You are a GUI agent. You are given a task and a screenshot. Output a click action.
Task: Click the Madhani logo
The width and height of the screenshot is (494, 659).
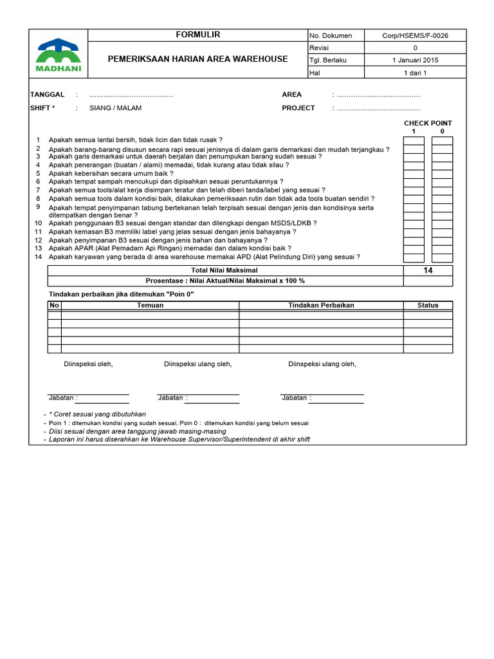[57, 53]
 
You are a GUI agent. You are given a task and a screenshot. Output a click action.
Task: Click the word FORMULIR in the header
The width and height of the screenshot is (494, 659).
[197, 35]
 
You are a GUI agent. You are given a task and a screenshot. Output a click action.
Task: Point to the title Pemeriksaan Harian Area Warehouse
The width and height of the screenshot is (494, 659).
[197, 59]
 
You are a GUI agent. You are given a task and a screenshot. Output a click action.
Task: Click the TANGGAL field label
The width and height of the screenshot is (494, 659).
[48, 95]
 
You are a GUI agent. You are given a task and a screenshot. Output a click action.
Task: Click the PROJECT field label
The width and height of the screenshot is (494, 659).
[298, 108]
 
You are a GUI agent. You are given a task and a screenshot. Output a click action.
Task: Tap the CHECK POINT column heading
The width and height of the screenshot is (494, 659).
[428, 123]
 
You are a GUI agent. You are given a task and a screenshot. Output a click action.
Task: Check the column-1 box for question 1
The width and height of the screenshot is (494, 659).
[414, 140]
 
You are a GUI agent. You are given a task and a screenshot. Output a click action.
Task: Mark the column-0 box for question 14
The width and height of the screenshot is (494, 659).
[442, 257]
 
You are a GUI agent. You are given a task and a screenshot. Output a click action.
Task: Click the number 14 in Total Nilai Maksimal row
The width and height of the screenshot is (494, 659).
[428, 271]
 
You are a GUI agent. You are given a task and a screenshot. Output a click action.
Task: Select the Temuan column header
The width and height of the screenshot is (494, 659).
[150, 305]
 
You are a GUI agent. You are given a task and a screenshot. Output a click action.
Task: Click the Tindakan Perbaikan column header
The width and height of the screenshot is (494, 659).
[321, 305]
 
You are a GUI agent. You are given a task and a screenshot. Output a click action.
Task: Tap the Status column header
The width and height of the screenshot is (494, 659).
[428, 305]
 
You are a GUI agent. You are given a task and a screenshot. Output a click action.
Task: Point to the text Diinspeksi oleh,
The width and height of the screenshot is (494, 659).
[88, 364]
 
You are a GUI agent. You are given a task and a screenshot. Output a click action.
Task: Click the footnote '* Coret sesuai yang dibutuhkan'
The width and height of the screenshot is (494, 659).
[98, 414]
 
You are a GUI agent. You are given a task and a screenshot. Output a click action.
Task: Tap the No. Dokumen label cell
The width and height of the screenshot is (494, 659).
[331, 36]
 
